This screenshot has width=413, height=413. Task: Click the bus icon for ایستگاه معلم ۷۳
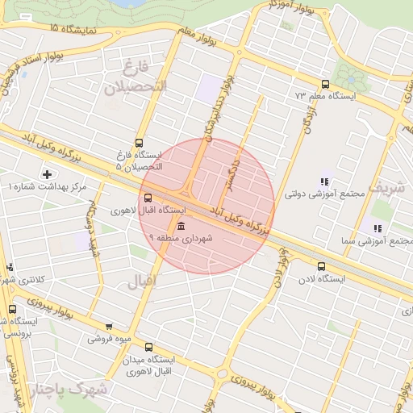325,84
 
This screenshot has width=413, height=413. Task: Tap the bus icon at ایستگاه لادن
322,266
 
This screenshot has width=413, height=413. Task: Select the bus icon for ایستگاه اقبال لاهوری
147,198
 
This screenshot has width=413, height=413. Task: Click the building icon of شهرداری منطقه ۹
180,226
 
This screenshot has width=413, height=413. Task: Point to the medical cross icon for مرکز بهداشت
47,174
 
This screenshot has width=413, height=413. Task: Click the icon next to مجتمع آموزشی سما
378,228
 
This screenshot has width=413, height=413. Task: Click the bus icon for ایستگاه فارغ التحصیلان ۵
140,143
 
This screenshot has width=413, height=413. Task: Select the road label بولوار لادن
280,267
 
